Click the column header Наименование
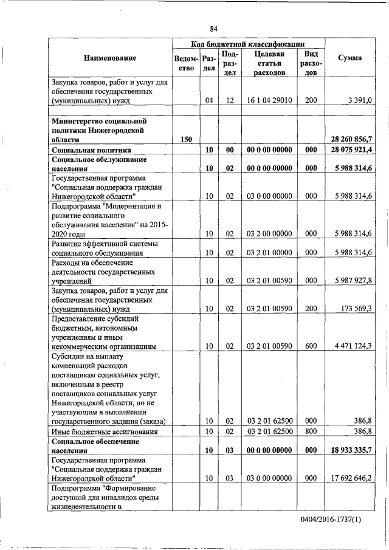110,58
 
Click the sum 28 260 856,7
350,139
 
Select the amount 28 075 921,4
350,150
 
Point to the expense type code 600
311,346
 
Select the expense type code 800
311,431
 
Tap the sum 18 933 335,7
350,450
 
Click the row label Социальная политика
92,150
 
